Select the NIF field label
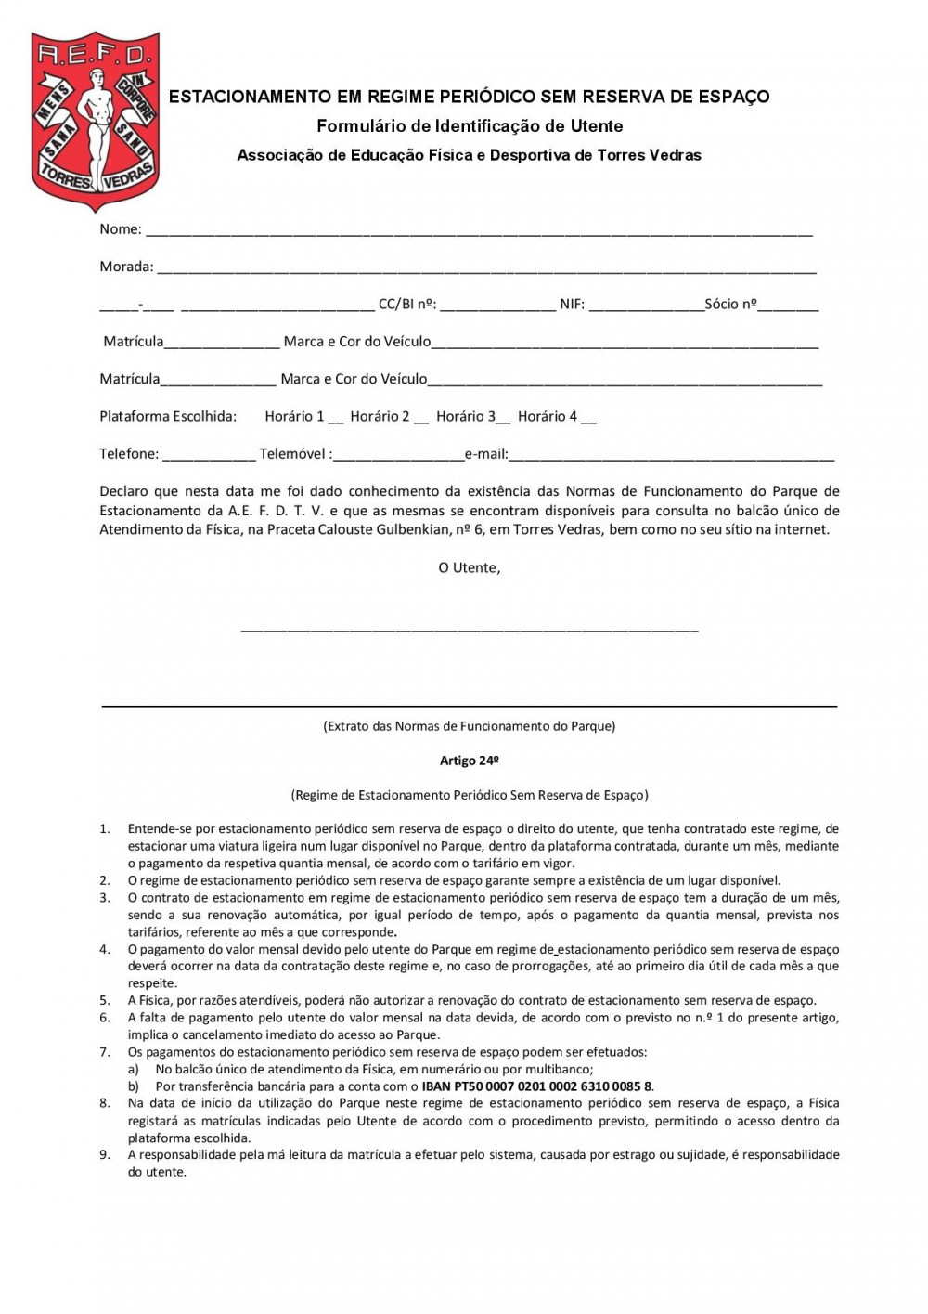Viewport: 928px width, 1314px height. (x=572, y=305)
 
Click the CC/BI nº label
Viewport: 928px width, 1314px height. (x=406, y=305)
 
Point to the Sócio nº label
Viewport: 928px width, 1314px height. (x=730, y=304)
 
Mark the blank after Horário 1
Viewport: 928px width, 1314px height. (x=336, y=419)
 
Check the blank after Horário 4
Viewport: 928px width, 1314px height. (x=588, y=419)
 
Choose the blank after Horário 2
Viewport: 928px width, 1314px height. (x=421, y=419)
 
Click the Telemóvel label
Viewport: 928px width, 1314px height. (x=293, y=454)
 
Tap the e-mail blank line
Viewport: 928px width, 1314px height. (x=672, y=457)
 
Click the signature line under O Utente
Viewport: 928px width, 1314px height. (x=469, y=630)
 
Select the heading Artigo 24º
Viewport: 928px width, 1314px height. (x=470, y=761)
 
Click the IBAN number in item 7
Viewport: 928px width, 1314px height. (x=537, y=1086)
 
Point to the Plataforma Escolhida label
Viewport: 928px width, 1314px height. (x=168, y=416)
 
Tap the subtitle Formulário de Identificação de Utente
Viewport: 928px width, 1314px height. (x=470, y=126)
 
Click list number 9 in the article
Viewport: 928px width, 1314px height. (x=105, y=1155)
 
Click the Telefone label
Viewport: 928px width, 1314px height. (x=129, y=454)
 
